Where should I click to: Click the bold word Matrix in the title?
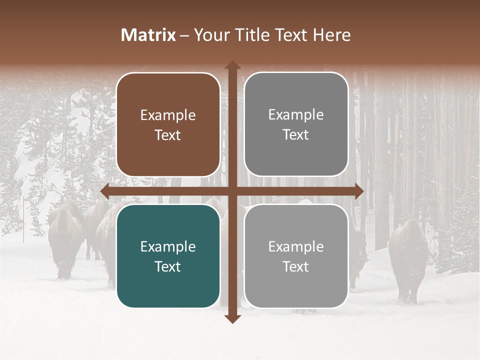tap(148, 35)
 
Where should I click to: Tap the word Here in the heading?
tap(332, 35)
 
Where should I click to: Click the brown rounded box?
tap(168, 125)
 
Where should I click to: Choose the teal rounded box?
tap(168, 256)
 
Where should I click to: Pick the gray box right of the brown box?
tap(296, 124)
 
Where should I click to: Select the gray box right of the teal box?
tap(296, 256)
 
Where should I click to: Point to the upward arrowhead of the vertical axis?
tap(232, 64)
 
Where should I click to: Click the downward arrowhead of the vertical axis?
tap(232, 318)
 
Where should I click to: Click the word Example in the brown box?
tap(168, 115)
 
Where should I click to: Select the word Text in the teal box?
tap(168, 266)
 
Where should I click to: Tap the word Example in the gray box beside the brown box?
tap(296, 115)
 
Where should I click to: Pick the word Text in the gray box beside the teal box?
tap(296, 266)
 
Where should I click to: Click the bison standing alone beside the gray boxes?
tap(409, 260)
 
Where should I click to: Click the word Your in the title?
tap(207, 35)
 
